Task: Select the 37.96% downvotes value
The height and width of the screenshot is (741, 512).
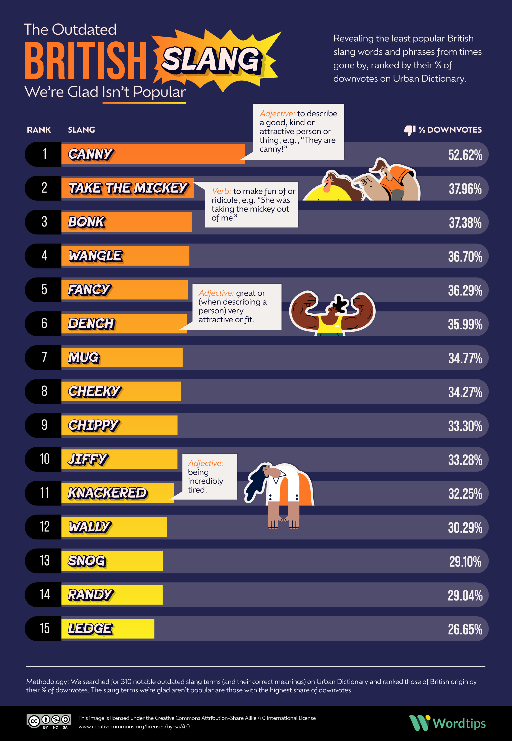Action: [x=465, y=189]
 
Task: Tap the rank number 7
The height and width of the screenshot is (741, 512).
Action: [x=44, y=357]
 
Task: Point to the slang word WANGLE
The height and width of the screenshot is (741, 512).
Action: [x=95, y=256]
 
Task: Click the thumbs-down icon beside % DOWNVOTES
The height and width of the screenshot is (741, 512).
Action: [x=410, y=130]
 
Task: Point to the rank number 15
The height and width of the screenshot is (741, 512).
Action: [x=45, y=628]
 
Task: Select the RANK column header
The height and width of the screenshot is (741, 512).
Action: [x=39, y=130]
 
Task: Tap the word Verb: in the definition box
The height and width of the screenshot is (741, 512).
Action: [x=221, y=191]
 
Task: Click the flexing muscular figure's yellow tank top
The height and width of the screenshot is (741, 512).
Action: [x=330, y=324]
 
